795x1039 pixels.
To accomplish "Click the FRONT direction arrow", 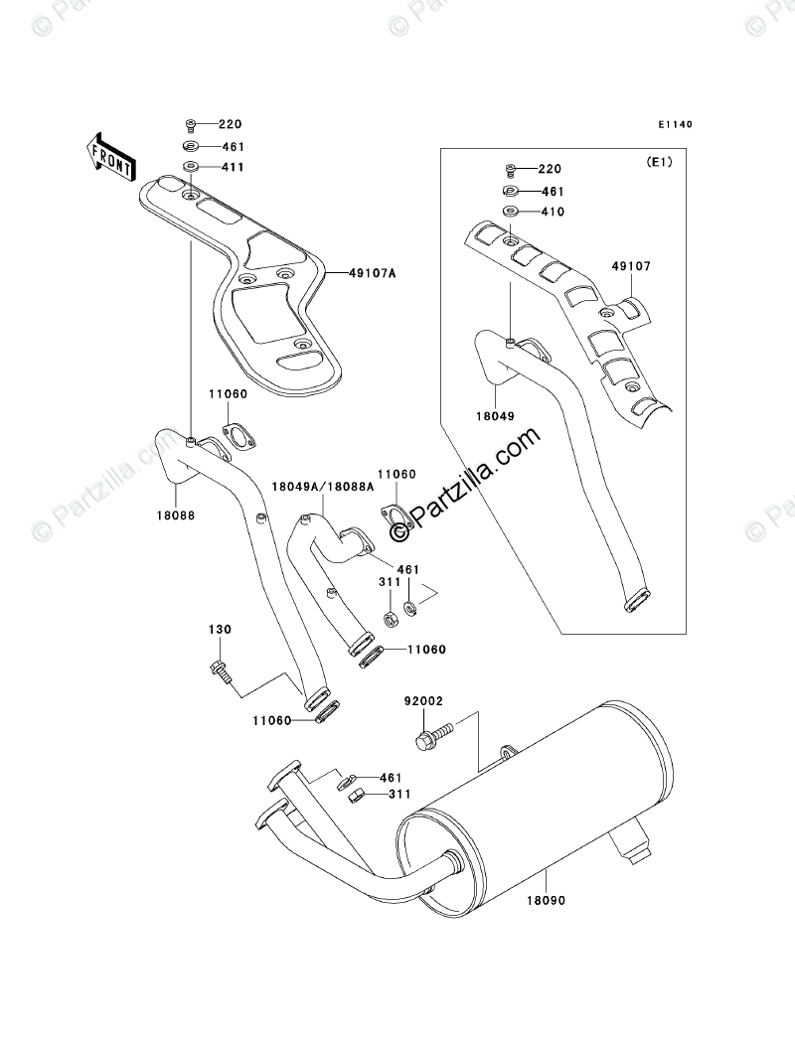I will (109, 156).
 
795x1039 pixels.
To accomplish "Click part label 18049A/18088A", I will (323, 487).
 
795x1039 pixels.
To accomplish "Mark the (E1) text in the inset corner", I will (659, 162).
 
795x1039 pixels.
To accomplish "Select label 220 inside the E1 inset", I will (552, 169).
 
